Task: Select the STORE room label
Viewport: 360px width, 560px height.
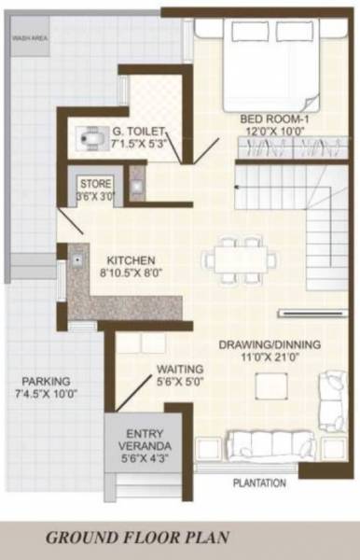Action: (x=95, y=183)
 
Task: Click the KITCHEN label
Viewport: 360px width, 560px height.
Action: (x=131, y=260)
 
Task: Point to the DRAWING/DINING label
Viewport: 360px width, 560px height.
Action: (x=269, y=345)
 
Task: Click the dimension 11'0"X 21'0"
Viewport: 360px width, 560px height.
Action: (x=269, y=358)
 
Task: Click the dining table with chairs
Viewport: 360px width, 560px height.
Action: (x=241, y=257)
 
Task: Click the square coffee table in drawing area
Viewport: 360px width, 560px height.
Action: (x=270, y=385)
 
